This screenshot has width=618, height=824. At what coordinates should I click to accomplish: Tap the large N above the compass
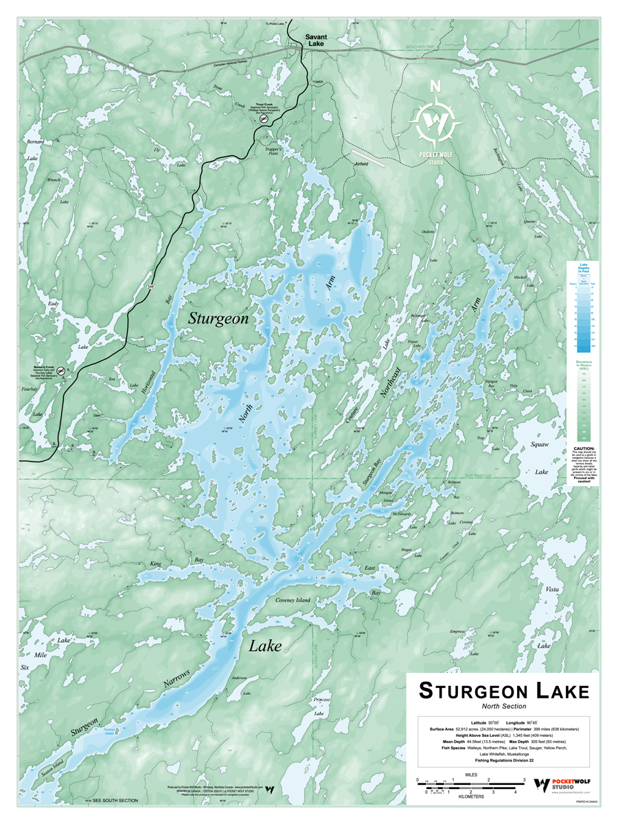click(x=435, y=87)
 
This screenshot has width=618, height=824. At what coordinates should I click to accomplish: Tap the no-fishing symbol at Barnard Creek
click(x=60, y=371)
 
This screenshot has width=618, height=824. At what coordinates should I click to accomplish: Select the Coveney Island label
click(x=293, y=600)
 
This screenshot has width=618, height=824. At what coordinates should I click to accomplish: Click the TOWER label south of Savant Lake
click(x=317, y=81)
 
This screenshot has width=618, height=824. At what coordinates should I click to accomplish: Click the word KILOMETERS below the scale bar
click(x=468, y=797)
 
